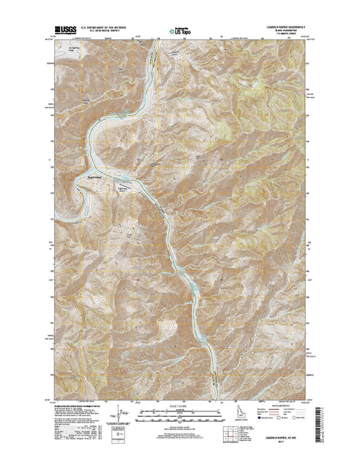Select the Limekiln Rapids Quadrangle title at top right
(280, 27)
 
